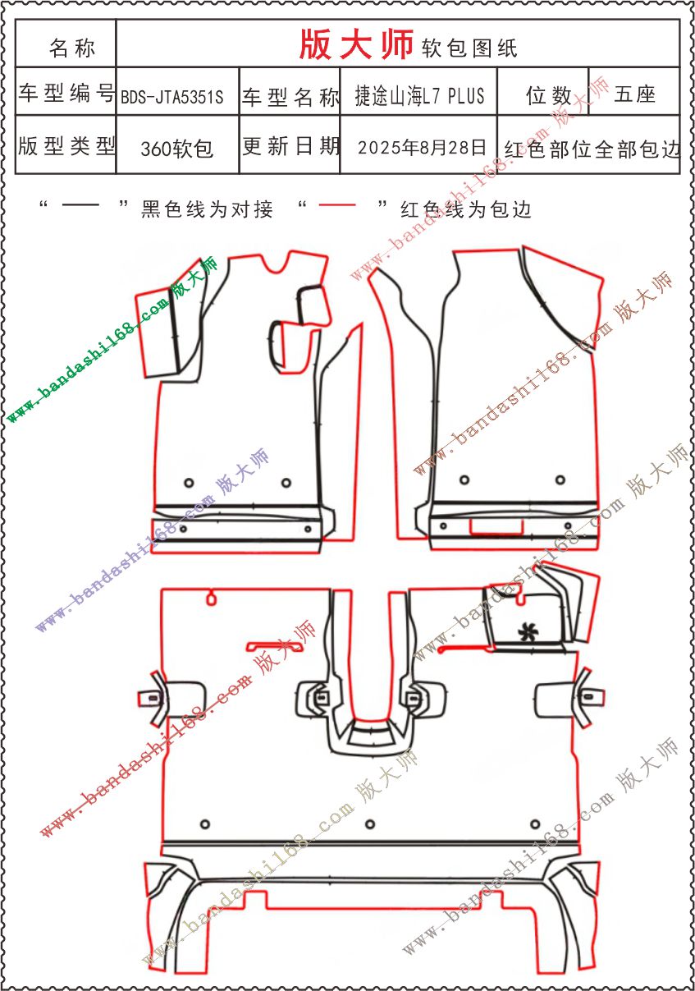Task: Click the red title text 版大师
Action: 356,44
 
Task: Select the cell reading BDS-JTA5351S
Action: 172,96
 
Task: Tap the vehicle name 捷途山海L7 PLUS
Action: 419,95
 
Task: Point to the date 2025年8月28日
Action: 422,147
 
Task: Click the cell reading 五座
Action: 634,94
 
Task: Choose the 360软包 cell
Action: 177,149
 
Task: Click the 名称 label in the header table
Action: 72,48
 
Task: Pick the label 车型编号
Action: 66,93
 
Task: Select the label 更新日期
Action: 290,145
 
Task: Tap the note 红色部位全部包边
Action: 592,149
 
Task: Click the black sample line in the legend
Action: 80,204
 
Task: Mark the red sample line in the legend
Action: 337,204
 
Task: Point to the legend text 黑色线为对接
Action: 207,209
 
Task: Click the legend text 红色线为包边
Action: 465,209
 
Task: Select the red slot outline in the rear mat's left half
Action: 275,646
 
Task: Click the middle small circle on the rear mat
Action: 370,824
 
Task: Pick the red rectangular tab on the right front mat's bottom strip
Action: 496,526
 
